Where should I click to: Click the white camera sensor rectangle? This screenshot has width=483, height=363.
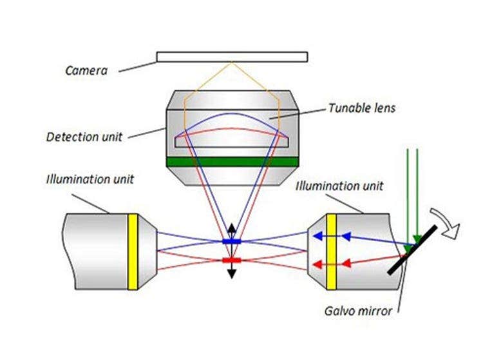(x=231, y=57)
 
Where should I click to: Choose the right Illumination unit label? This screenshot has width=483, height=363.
(x=339, y=186)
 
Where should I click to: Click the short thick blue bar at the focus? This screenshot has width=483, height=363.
(x=231, y=241)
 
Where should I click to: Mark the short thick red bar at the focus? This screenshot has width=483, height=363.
(x=231, y=260)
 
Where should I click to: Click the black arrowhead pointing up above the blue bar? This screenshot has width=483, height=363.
(x=231, y=228)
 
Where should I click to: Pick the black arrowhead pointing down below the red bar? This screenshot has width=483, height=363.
(x=231, y=274)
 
